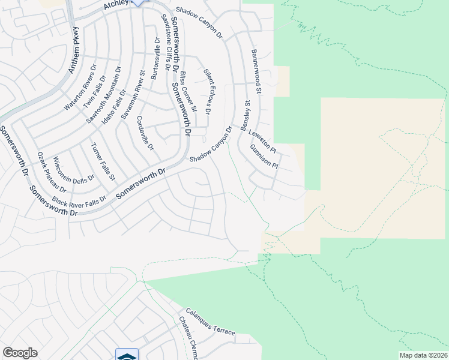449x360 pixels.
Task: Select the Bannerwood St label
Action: (257, 71)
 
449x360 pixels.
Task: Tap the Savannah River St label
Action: (134, 96)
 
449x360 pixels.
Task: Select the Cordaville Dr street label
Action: (146, 133)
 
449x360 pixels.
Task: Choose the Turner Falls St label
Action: (103, 163)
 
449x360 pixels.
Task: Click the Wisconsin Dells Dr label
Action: (74, 170)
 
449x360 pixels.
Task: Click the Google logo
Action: (20, 353)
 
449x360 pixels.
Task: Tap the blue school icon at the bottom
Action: (127, 355)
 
